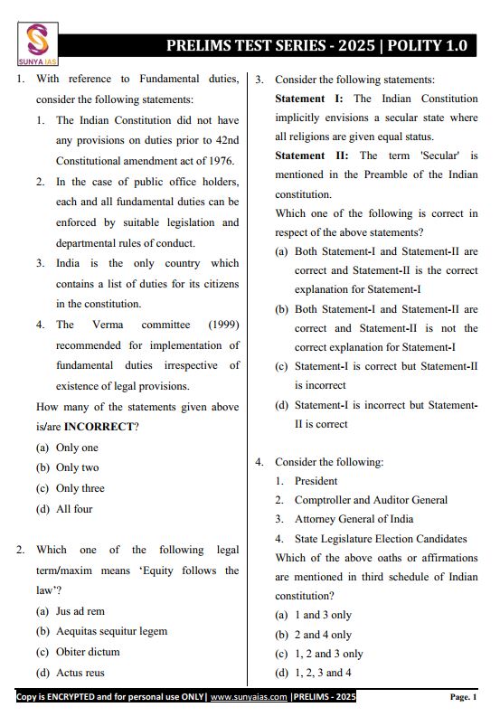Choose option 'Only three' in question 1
[x=80, y=488]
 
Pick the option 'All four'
[x=74, y=509]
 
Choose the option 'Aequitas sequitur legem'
[x=111, y=631]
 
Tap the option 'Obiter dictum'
[x=88, y=652]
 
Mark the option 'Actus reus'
[x=80, y=673]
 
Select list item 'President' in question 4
[x=316, y=481]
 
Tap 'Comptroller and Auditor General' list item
[x=371, y=500]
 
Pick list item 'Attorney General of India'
[x=354, y=519]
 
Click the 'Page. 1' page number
[x=463, y=697]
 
